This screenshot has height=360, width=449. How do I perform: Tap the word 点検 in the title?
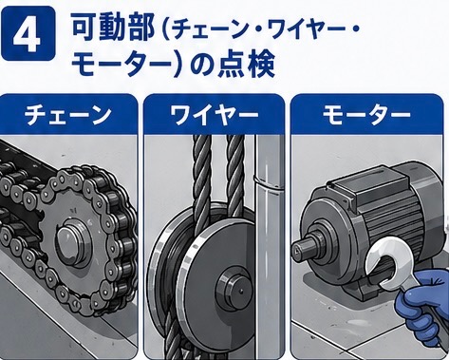tap(246, 66)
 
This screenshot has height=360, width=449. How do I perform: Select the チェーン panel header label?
tap(67, 115)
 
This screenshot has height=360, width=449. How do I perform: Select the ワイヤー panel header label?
tap(215, 115)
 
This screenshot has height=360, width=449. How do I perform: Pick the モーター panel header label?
tap(366, 115)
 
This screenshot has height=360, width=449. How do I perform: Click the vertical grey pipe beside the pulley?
tap(269, 247)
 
